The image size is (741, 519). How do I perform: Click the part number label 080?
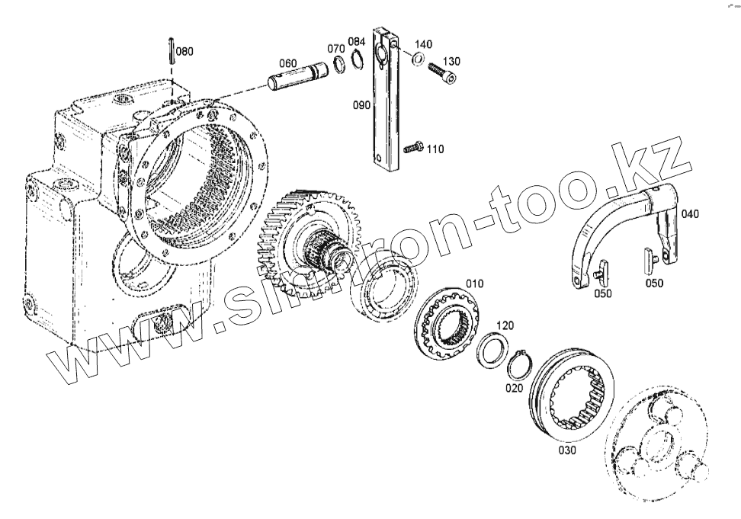tap(184, 52)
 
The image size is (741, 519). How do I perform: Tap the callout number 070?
tap(336, 49)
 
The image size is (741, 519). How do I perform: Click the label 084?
tap(357, 40)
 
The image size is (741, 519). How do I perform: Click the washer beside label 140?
tap(418, 59)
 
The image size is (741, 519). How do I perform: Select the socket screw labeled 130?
tap(441, 72)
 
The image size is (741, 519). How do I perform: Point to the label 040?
tap(689, 214)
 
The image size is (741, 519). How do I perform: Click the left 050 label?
tap(602, 293)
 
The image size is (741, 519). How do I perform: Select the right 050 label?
tap(653, 283)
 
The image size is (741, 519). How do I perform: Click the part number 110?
tap(435, 149)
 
